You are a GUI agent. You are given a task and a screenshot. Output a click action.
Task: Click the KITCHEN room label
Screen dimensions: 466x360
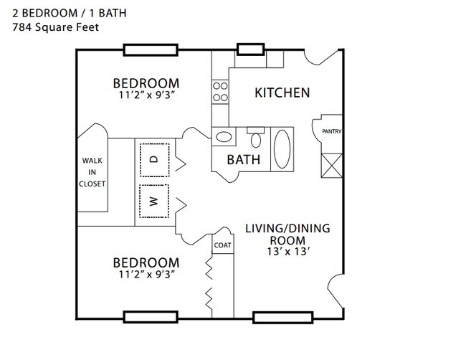coord(282,93)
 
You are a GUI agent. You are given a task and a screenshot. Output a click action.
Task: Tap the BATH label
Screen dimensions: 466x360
coord(244,160)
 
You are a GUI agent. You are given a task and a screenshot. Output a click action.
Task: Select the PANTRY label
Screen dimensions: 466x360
coord(332,131)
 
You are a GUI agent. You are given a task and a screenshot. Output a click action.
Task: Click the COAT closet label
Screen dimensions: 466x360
coord(222,245)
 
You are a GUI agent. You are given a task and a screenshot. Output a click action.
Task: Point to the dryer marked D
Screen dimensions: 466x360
coord(155,160)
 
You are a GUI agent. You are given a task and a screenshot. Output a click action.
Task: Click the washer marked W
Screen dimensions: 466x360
coord(154,201)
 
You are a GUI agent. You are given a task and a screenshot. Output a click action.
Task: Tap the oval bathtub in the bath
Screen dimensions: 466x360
coord(282,149)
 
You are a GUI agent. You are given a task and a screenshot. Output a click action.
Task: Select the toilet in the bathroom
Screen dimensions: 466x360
coord(256,138)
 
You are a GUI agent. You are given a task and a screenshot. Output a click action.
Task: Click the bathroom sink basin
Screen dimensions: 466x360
coord(224,137)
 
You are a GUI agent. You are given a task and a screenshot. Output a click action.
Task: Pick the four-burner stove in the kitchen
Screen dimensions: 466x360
coord(220,92)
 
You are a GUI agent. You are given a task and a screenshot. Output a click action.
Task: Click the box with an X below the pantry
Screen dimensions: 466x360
coord(332,166)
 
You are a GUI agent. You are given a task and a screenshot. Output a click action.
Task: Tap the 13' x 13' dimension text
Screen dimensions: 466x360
coord(289,252)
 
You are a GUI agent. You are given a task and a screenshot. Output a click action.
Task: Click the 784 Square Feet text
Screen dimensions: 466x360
coord(56,27)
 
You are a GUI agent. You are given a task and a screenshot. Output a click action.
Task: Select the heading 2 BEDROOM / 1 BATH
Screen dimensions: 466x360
coord(70,13)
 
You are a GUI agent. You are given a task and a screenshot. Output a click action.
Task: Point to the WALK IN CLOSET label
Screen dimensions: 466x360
coord(92,172)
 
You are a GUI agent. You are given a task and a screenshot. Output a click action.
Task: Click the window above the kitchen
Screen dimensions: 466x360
coord(250,49)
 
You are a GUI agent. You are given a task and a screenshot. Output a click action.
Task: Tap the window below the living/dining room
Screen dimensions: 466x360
coord(283,318)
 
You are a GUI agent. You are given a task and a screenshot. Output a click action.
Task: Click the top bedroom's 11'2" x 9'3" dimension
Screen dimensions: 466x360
coord(146,95)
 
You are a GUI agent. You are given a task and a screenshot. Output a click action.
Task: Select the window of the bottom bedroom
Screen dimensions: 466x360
coord(151,317)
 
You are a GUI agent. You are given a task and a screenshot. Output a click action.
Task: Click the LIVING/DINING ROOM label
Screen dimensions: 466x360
coord(287,235)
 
